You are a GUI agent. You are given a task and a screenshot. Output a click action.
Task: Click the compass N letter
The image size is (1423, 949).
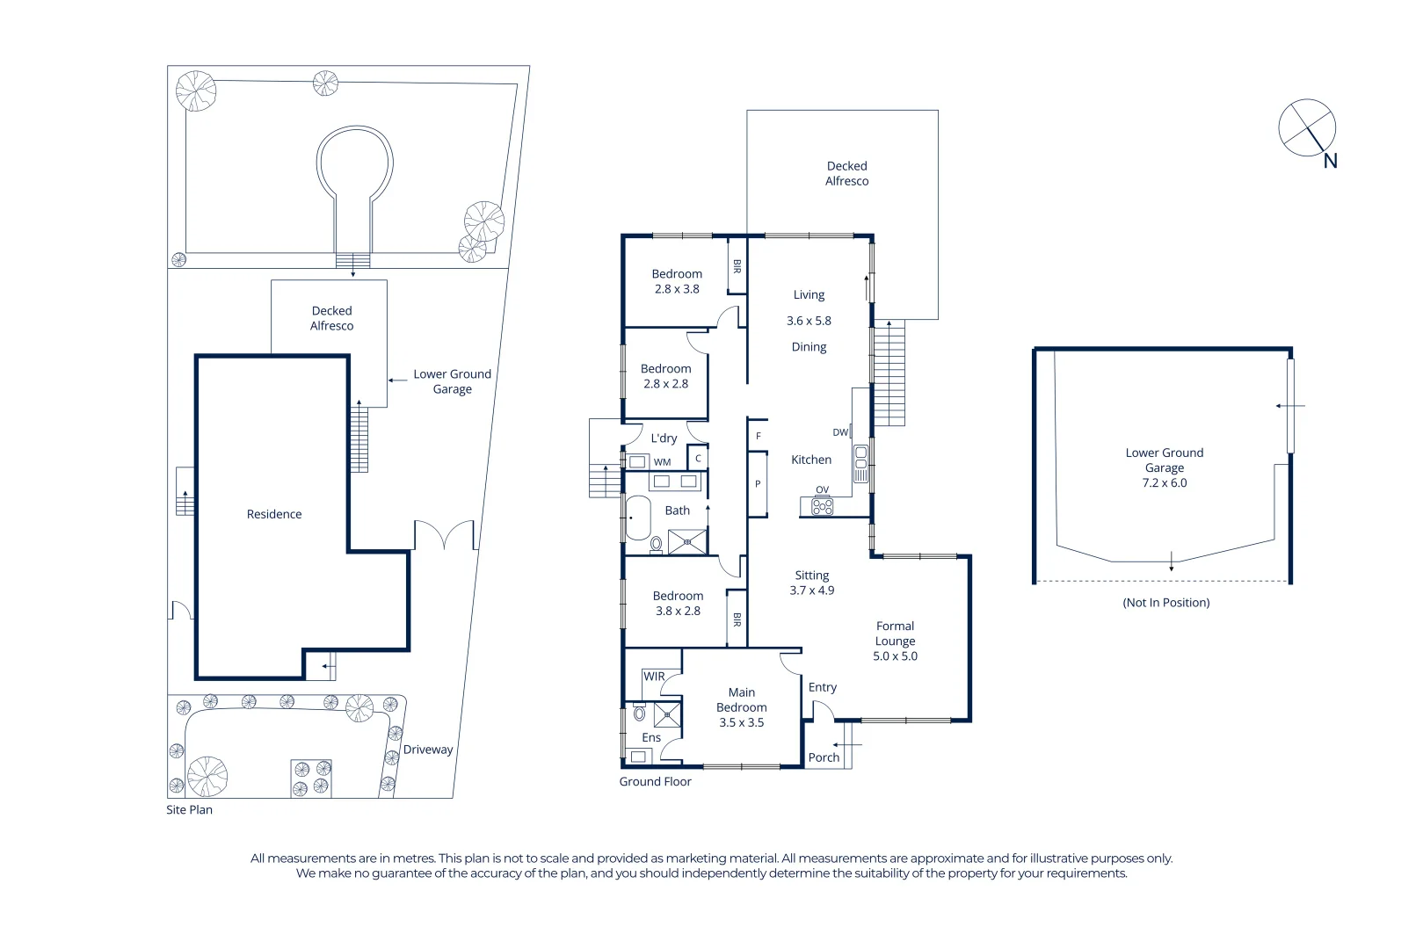(1330, 161)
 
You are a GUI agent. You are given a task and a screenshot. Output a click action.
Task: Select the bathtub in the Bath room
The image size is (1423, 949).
(637, 518)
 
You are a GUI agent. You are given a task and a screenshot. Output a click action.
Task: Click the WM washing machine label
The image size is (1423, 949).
(662, 462)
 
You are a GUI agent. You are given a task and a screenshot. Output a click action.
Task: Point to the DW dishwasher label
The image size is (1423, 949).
(840, 432)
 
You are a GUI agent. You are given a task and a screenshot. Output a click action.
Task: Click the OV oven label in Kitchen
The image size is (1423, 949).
(822, 490)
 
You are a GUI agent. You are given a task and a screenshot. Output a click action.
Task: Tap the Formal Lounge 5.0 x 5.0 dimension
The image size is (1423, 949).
(895, 656)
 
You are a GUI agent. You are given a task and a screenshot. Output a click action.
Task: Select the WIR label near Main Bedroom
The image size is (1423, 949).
(654, 677)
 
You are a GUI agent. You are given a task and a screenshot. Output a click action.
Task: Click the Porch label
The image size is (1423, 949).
(824, 757)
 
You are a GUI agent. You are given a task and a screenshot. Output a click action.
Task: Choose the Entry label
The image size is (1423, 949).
(822, 687)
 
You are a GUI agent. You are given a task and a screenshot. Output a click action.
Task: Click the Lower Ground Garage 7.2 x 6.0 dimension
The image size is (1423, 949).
(1164, 483)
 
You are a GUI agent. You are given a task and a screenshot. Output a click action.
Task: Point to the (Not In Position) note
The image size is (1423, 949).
(1165, 603)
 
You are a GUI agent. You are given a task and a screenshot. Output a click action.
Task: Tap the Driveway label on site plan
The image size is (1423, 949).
(428, 750)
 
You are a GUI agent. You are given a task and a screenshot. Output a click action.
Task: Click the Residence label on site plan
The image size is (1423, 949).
(274, 514)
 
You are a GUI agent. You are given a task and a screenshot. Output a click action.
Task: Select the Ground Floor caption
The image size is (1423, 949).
(655, 782)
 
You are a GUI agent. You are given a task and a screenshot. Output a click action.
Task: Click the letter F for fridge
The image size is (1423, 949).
(759, 437)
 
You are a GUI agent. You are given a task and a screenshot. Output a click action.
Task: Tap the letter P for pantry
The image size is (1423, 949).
(758, 484)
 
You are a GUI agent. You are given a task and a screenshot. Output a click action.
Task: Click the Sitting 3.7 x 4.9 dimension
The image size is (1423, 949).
(811, 590)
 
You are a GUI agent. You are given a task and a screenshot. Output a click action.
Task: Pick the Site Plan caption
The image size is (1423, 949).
(189, 810)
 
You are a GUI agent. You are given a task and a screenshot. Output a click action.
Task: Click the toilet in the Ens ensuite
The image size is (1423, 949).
(639, 714)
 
